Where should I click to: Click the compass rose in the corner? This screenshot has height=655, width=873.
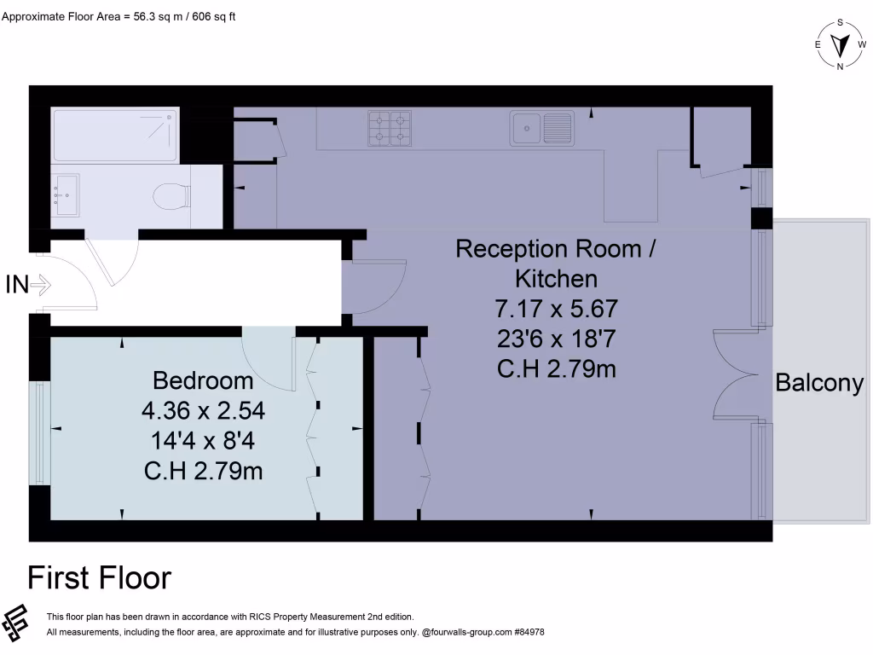tap(841, 44)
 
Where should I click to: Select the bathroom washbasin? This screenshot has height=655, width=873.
tap(65, 194)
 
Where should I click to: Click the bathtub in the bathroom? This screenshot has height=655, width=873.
tap(115, 135)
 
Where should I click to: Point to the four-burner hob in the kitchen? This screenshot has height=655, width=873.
tap(390, 127)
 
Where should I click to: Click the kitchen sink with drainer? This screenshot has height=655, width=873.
tap(541, 129)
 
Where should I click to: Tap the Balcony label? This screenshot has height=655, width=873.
tap(819, 384)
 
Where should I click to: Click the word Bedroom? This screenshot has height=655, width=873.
tap(203, 380)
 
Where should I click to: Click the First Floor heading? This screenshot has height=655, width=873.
tap(100, 578)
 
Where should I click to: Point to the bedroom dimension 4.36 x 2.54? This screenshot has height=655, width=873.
tap(203, 411)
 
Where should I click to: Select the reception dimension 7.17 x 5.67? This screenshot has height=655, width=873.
tap(556, 308)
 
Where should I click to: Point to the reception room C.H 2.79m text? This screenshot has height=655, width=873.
tap(556, 369)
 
